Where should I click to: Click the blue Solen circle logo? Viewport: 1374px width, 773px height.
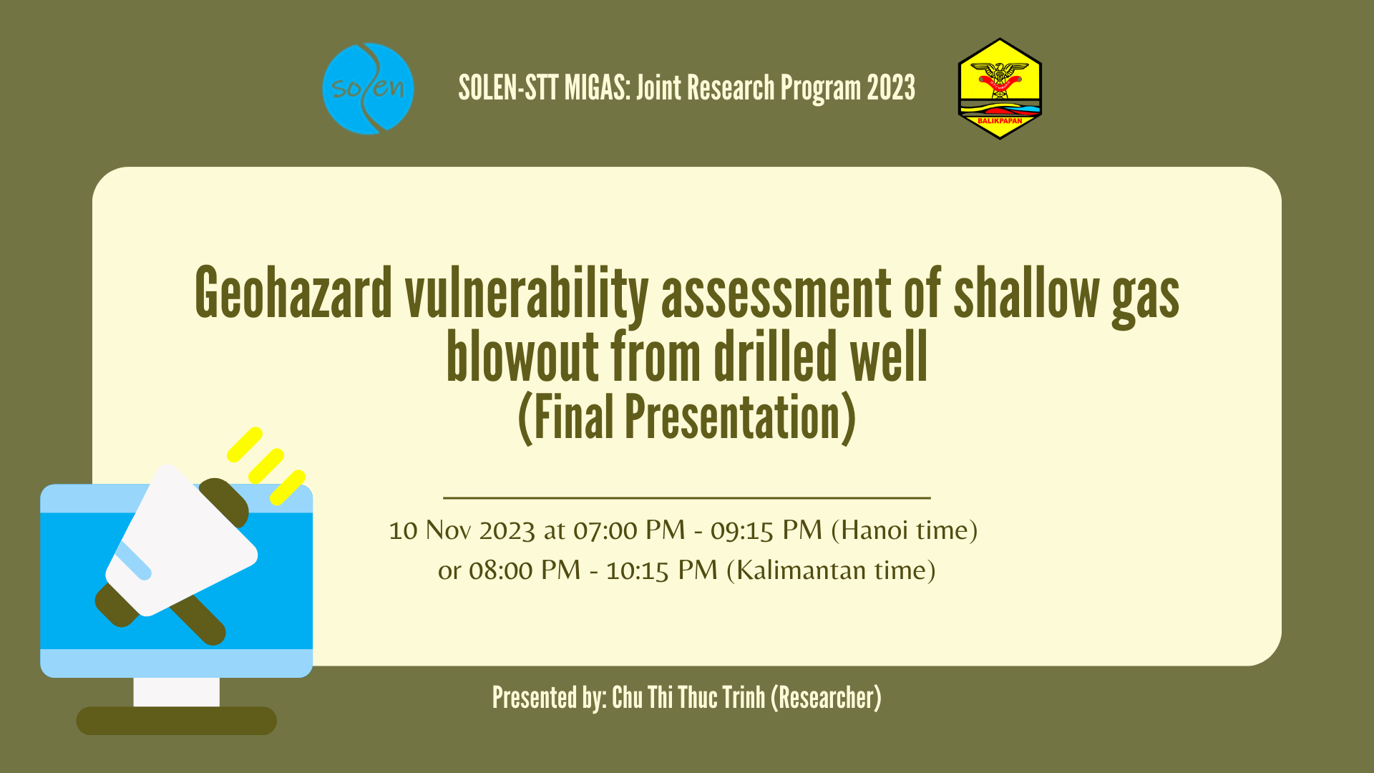368,89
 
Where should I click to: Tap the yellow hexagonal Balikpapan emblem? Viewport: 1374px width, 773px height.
1000,89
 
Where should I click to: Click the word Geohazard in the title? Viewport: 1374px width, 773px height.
293,294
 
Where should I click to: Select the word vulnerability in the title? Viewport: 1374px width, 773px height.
526,294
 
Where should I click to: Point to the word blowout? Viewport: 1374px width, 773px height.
522,356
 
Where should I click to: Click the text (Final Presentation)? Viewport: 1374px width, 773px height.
686,418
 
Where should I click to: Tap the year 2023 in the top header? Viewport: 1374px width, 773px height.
891,88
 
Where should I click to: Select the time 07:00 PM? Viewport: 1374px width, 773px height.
629,530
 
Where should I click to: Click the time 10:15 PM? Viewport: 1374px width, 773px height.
661,570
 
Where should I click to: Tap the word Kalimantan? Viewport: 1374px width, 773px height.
801,570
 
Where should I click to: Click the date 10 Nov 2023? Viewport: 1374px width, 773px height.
462,530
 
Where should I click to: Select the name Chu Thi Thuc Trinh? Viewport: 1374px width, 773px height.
688,698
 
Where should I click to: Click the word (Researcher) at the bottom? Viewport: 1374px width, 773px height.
826,698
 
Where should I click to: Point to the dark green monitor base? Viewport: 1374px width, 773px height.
176,721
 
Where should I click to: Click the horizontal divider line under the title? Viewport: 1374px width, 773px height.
686,497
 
